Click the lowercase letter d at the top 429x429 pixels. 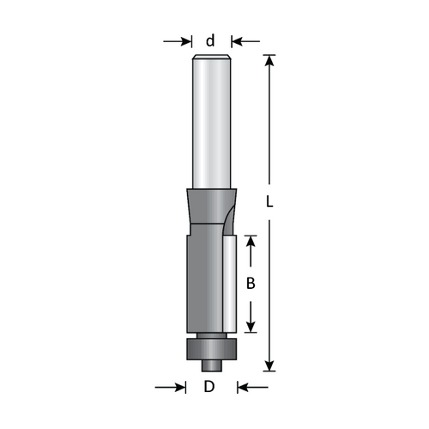pyautogui.click(x=211, y=40)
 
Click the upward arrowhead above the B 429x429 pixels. pyautogui.click(x=251, y=242)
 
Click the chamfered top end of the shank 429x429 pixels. pyautogui.click(x=211, y=58)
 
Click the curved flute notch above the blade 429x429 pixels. pyautogui.click(x=227, y=219)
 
